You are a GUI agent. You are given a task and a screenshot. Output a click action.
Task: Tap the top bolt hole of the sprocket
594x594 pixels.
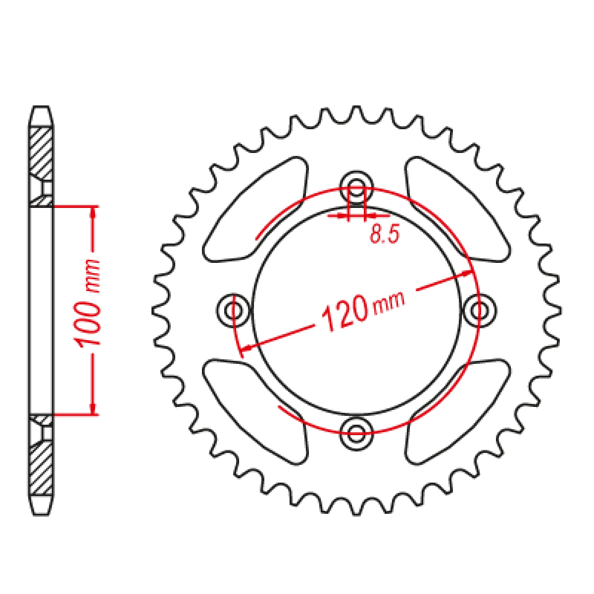point(356,187)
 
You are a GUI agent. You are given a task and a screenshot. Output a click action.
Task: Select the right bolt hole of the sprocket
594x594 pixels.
point(479,310)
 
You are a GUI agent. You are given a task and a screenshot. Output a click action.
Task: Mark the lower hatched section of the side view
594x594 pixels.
point(41,468)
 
